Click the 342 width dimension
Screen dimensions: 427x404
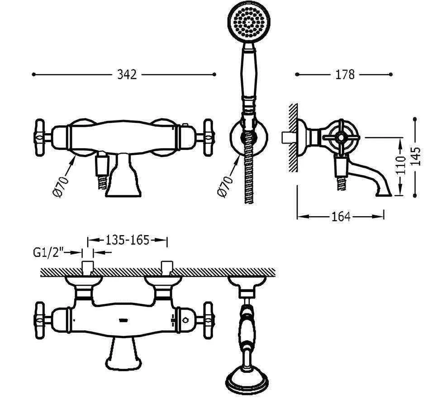click(127, 74)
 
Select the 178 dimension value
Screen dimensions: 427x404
click(345, 74)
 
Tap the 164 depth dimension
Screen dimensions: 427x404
click(341, 217)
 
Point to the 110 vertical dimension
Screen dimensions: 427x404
click(400, 166)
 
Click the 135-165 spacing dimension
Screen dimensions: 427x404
click(128, 240)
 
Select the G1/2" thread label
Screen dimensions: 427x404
click(48, 253)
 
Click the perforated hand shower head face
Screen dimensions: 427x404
click(249, 22)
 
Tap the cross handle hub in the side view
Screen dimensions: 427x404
click(341, 138)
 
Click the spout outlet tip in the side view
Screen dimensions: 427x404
click(384, 194)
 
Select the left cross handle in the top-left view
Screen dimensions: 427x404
click(40, 138)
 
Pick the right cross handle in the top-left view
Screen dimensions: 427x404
click(209, 138)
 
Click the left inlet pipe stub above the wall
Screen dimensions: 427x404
click(88, 268)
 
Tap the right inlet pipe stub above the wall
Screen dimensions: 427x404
click(167, 268)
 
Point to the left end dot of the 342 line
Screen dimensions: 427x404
click(34, 74)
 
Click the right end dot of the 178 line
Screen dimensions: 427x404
click(391, 74)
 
